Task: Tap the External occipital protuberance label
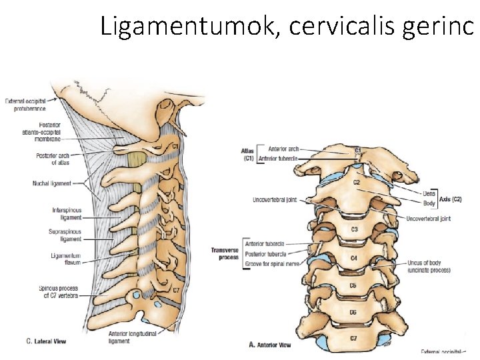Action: [26, 105]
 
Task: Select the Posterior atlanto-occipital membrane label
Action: [41, 132]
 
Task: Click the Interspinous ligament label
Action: [67, 214]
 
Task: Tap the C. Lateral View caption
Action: [46, 341]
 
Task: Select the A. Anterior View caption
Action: [269, 345]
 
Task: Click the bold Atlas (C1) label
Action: [247, 155]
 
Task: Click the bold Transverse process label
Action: [225, 254]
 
